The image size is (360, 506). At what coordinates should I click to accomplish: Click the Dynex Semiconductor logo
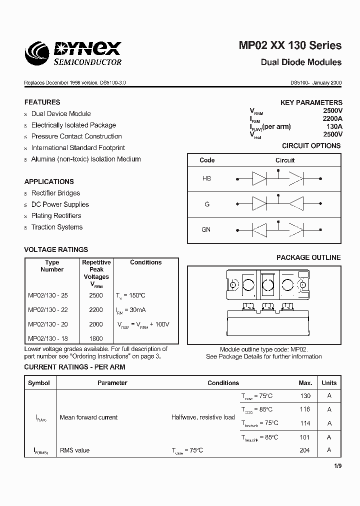[73, 53]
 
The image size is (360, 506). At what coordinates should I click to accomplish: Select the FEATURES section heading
[42, 102]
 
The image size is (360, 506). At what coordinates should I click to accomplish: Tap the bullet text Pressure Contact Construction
[76, 136]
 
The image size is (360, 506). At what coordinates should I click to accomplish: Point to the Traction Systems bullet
[56, 227]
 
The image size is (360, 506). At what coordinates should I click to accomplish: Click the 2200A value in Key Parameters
[332, 119]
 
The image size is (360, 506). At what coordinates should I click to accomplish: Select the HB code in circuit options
[206, 178]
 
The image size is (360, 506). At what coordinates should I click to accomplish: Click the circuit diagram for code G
[278, 203]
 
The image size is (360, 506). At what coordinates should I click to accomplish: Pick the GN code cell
[206, 229]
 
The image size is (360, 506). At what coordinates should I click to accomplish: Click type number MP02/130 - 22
[48, 310]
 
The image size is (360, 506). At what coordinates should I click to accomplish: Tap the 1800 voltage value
[96, 338]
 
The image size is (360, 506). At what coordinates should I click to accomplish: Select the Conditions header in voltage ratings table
[145, 262]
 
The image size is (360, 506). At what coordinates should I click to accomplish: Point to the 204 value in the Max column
[304, 450]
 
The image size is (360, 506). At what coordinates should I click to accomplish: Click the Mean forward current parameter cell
[88, 417]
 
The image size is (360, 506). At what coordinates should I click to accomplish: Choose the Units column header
[329, 383]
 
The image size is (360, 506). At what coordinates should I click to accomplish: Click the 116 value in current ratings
[304, 409]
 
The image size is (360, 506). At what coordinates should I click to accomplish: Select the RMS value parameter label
[74, 450]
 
